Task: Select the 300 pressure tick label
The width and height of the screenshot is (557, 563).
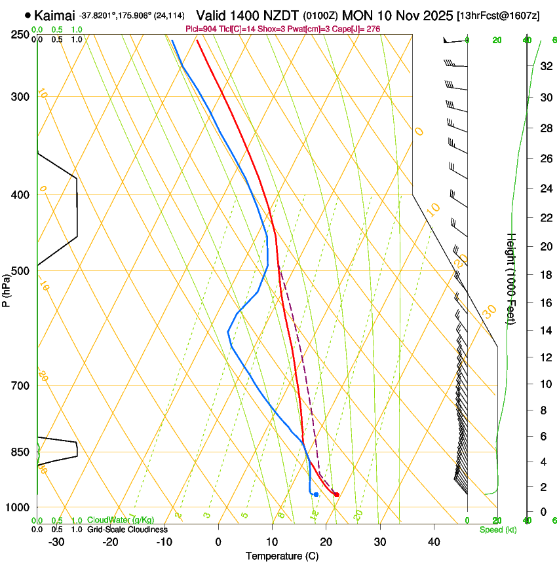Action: point(20,97)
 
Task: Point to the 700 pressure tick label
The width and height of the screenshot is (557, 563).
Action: point(20,386)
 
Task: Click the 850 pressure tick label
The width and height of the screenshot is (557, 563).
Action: point(20,452)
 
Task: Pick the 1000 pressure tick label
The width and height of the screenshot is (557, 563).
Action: point(18,507)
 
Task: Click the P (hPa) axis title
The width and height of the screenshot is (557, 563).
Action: point(6,289)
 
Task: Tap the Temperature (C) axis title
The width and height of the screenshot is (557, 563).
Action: point(282,556)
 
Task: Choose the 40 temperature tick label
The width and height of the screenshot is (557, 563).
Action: point(434,542)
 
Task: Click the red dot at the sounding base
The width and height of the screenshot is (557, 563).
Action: point(336,494)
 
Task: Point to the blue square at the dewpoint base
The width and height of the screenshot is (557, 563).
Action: point(316,494)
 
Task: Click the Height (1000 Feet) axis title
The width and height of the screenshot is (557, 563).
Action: point(512,279)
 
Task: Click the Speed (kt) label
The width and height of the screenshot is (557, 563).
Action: point(497,530)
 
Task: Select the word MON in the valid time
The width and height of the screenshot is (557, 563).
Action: point(358,15)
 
